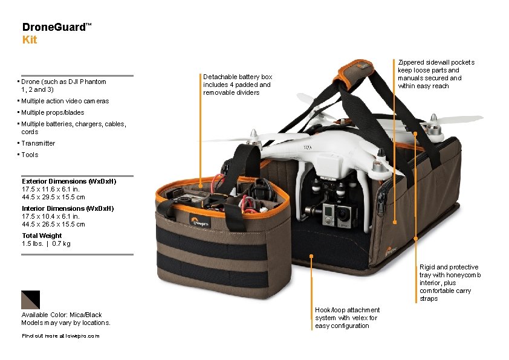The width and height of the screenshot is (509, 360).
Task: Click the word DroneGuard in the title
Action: pyautogui.click(x=54, y=27)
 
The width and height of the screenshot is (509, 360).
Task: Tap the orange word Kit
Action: pyautogui.click(x=30, y=40)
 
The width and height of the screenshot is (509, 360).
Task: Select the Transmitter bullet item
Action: pyautogui.click(x=38, y=143)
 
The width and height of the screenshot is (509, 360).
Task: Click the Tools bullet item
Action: pyautogui.click(x=30, y=155)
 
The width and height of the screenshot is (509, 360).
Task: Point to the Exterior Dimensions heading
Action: pyautogui.click(x=69, y=181)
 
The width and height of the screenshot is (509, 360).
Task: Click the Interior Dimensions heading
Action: pyautogui.click(x=68, y=208)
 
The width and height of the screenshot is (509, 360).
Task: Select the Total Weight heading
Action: pyautogui.click(x=42, y=236)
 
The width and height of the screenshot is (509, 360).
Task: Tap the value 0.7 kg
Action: pyautogui.click(x=61, y=243)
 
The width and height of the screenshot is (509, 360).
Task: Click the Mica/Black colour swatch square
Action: pyautogui.click(x=30, y=300)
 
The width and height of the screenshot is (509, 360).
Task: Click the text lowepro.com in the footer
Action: pyautogui.click(x=82, y=336)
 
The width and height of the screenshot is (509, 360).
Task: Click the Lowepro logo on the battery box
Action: pyautogui.click(x=200, y=222)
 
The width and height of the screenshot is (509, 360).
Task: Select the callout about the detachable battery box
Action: pyautogui.click(x=238, y=85)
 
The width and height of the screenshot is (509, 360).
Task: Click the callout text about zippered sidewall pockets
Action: pyautogui.click(x=436, y=74)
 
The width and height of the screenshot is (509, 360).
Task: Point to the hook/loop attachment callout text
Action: pyautogui.click(x=347, y=318)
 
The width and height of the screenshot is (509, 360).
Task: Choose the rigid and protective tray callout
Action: pyautogui.click(x=450, y=283)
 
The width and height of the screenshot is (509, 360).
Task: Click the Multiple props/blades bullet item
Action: pyautogui.click(x=53, y=112)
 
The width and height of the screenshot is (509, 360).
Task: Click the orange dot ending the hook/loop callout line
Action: pyautogui.click(x=311, y=256)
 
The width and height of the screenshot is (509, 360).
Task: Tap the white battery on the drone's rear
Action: pyautogui.click(x=329, y=164)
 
